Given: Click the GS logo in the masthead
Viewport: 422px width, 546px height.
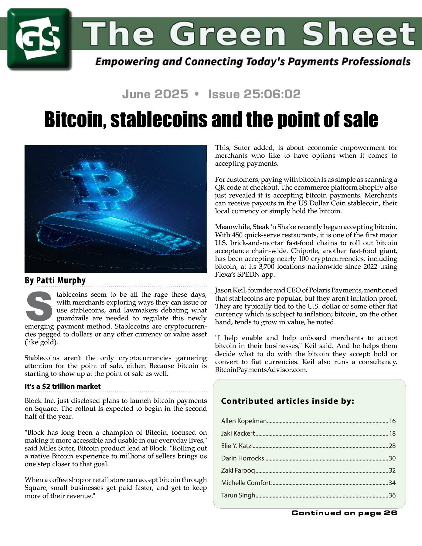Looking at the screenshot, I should click(39, 39).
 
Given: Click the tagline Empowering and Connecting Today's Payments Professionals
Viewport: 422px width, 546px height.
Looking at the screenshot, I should click(253, 62).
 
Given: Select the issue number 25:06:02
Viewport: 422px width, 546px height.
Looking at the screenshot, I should click(254, 94).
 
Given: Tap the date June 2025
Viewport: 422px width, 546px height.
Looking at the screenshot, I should click(155, 94).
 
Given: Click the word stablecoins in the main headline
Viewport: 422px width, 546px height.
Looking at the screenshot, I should click(159, 120).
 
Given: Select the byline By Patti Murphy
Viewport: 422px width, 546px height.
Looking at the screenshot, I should click(55, 280).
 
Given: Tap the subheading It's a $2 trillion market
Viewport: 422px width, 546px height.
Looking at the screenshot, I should click(63, 386).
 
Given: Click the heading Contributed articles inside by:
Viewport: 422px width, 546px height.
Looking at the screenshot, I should click(288, 401).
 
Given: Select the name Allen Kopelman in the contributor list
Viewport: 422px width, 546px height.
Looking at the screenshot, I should click(244, 421).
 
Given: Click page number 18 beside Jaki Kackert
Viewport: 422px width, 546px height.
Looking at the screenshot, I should click(392, 433).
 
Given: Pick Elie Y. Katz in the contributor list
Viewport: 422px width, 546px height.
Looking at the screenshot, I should click(236, 446).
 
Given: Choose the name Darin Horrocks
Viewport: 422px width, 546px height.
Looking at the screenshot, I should click(243, 458).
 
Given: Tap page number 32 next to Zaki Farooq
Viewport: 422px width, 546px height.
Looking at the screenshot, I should click(392, 470).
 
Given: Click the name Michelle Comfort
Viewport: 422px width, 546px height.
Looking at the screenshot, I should click(246, 483).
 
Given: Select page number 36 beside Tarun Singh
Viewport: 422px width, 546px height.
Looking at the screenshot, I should click(392, 495).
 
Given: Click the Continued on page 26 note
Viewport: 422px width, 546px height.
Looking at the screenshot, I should click(344, 513).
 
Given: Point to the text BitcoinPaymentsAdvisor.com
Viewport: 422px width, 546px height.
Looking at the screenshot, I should click(261, 370).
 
